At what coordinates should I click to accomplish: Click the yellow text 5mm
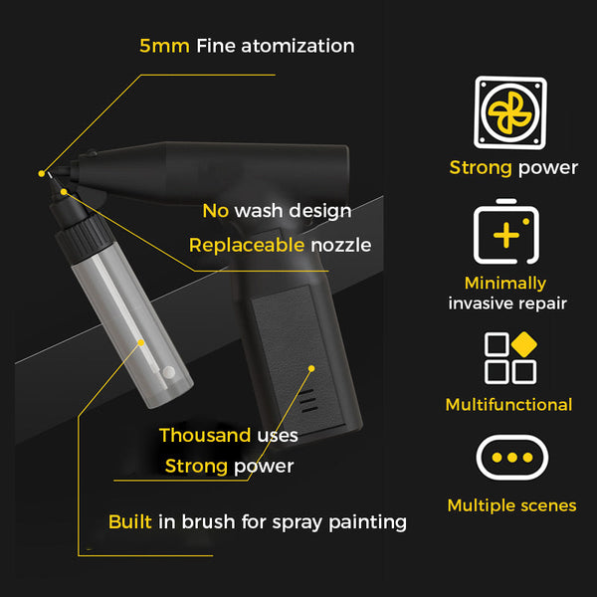(164, 46)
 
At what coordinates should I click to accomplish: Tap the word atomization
(298, 46)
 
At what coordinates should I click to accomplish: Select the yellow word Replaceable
(247, 245)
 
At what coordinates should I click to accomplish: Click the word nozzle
(340, 246)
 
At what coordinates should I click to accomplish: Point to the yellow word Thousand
(205, 435)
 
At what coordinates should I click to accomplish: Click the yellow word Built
(129, 521)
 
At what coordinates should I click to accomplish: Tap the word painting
(367, 522)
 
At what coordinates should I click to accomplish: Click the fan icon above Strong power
(510, 112)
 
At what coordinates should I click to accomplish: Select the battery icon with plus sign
(506, 232)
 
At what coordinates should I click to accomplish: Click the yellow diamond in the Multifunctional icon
(524, 344)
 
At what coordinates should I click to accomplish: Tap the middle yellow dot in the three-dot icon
(512, 458)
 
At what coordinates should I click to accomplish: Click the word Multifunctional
(508, 404)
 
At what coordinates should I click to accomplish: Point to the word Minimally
(505, 284)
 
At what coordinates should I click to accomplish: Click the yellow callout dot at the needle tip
(42, 173)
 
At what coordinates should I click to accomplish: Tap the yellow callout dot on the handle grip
(311, 368)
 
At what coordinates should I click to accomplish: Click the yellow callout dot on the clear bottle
(141, 342)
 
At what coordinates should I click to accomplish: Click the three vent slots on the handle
(308, 400)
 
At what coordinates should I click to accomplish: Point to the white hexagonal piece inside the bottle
(169, 371)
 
